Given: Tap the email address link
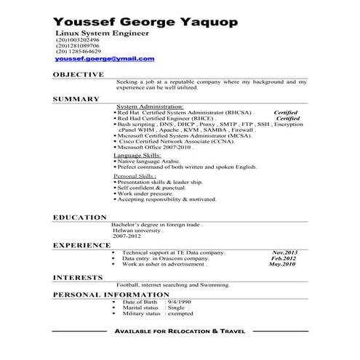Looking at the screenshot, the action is (x=105, y=58).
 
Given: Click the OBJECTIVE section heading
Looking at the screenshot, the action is (x=79, y=74).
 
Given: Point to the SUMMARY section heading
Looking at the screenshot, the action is (x=76, y=98).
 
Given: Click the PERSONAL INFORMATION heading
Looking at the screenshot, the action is (x=107, y=295).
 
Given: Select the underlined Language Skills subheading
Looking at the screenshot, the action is (x=137, y=156).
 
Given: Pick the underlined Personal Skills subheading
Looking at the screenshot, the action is (x=135, y=176).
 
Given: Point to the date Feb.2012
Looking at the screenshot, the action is (x=284, y=258).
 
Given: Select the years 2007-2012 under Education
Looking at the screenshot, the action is (x=125, y=237).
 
